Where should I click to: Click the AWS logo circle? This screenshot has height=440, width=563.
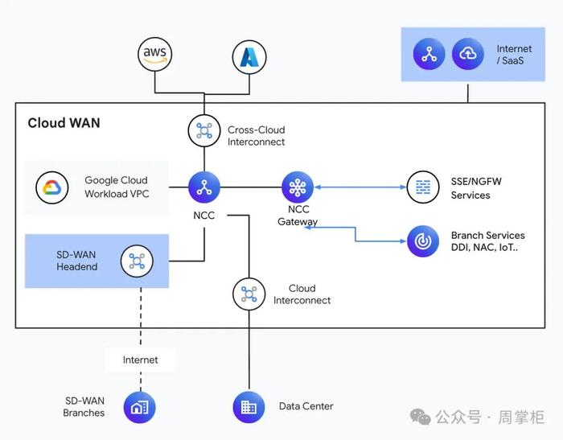pyautogui.click(x=154, y=54)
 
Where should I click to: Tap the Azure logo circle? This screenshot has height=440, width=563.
pyautogui.click(x=249, y=57)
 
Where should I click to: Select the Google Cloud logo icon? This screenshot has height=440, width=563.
pyautogui.click(x=52, y=187)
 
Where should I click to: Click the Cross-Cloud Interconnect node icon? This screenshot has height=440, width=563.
pyautogui.click(x=204, y=131)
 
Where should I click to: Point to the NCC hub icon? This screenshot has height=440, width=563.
pyautogui.click(x=204, y=187)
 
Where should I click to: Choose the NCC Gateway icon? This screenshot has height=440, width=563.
pyautogui.click(x=298, y=187)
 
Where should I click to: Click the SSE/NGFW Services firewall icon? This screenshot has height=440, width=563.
pyautogui.click(x=423, y=187)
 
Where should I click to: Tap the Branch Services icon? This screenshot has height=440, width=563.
pyautogui.click(x=423, y=241)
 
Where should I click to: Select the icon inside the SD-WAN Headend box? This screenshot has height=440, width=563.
pyautogui.click(x=137, y=261)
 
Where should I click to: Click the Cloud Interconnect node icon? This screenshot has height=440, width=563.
pyautogui.click(x=249, y=294)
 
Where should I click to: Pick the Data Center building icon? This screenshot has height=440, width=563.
pyautogui.click(x=249, y=407)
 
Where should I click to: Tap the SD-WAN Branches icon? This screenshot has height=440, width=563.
pyautogui.click(x=140, y=407)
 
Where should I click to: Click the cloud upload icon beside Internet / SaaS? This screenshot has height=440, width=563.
pyautogui.click(x=468, y=54)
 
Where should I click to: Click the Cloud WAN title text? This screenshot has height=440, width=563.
pyautogui.click(x=64, y=123)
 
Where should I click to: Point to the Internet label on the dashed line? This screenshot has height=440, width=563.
pyautogui.click(x=141, y=360)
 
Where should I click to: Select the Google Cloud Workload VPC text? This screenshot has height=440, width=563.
pyautogui.click(x=117, y=187)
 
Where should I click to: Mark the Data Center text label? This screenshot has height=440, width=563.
pyautogui.click(x=306, y=406)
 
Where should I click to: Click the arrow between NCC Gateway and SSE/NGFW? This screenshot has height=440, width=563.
pyautogui.click(x=360, y=187)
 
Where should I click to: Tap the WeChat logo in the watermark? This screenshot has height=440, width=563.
pyautogui.click(x=420, y=417)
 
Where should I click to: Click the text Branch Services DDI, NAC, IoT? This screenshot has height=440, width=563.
pyautogui.click(x=487, y=241)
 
